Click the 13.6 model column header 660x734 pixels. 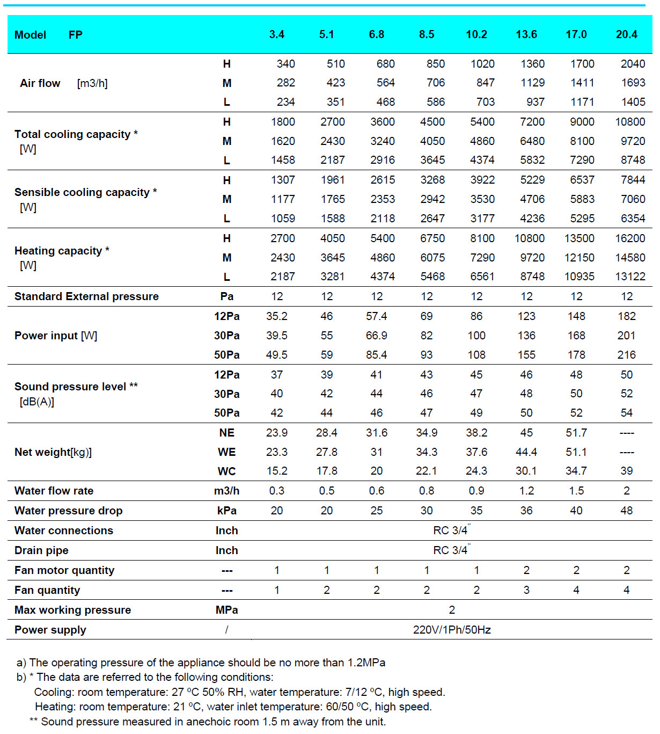pos(526,34)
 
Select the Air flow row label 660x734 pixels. pos(40,83)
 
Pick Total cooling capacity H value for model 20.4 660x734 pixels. pos(630,122)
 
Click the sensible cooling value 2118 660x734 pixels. pos(383,219)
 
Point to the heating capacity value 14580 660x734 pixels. pos(630,258)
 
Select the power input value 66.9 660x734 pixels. pos(377,336)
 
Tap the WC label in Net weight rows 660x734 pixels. pos(226,471)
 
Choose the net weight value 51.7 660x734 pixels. pos(576,433)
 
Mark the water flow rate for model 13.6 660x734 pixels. pos(526,491)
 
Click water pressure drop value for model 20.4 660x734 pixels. pos(626,511)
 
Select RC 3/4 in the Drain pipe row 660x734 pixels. pos(451,550)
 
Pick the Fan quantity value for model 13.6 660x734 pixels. pos(526,590)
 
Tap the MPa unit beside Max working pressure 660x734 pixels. pos(226,610)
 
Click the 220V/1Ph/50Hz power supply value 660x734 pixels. pos(452,630)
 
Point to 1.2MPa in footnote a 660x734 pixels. pos(366,663)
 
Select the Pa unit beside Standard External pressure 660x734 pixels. pos(226,296)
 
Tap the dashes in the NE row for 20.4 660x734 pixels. pos(626,433)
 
